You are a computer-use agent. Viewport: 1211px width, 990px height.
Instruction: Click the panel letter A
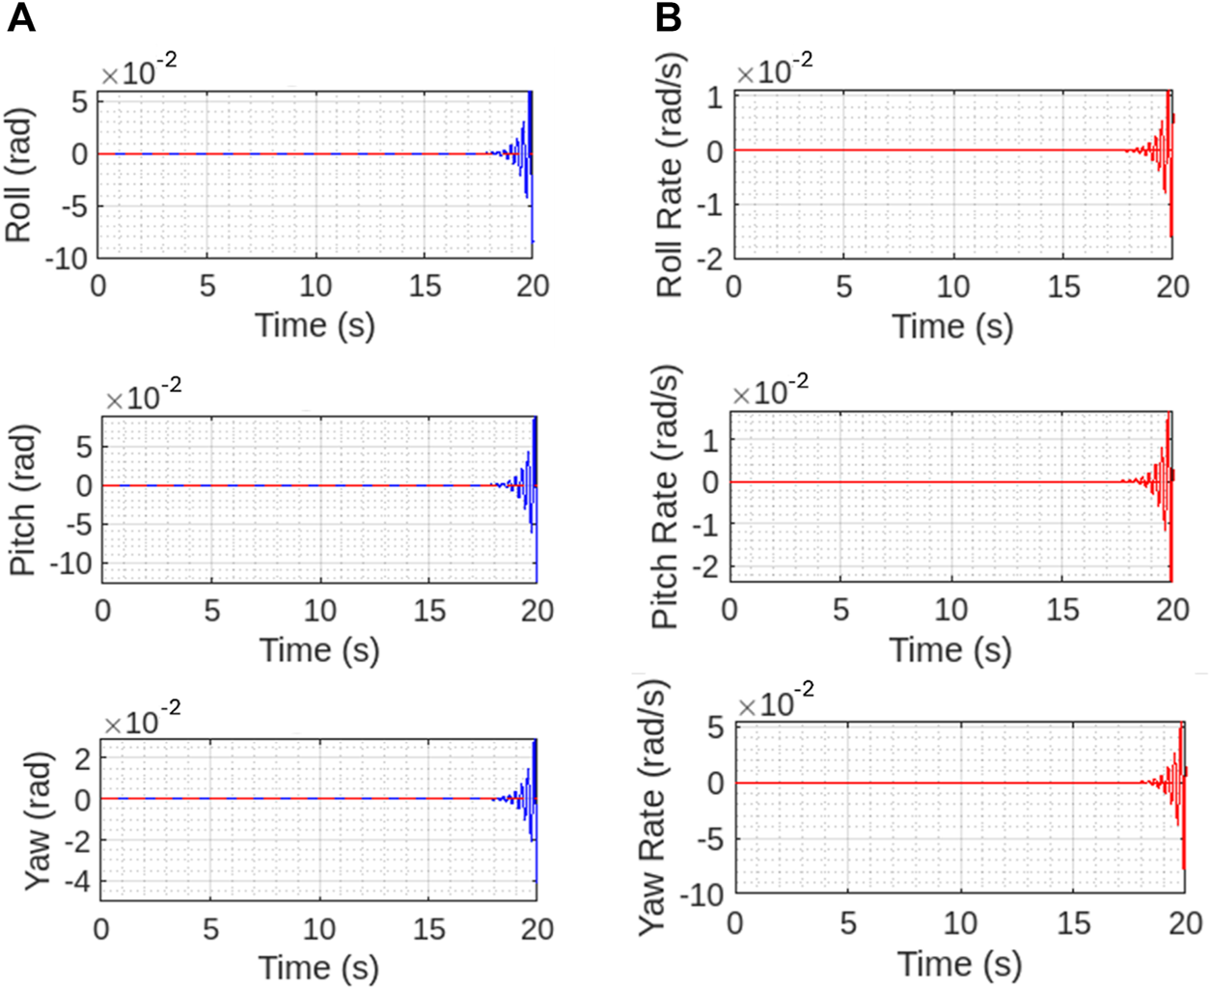coord(21,17)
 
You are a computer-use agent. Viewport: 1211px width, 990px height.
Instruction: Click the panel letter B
coord(668,17)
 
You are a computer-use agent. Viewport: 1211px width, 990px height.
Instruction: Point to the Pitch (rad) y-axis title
coord(23,501)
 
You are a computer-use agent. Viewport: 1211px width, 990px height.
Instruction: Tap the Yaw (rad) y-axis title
coord(37,821)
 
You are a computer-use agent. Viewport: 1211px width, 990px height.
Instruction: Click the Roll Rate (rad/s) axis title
coord(670,176)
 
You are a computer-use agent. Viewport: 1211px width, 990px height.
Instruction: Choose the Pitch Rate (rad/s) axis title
coord(667,497)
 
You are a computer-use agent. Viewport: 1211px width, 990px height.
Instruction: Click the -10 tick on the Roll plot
coord(69,258)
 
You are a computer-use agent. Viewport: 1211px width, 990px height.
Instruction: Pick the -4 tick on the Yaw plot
coord(75,882)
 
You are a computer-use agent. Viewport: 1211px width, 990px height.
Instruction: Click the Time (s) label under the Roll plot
coord(315,325)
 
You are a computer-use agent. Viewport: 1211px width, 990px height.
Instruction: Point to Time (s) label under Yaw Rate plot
coord(959,963)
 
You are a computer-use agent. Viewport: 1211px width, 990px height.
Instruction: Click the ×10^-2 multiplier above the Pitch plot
coord(143,395)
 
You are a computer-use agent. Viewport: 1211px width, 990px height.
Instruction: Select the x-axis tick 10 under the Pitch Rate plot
coord(951,610)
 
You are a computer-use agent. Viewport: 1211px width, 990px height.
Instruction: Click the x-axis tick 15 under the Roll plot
coord(425,287)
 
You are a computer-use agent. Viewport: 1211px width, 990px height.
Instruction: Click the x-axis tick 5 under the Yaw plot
coord(210,929)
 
